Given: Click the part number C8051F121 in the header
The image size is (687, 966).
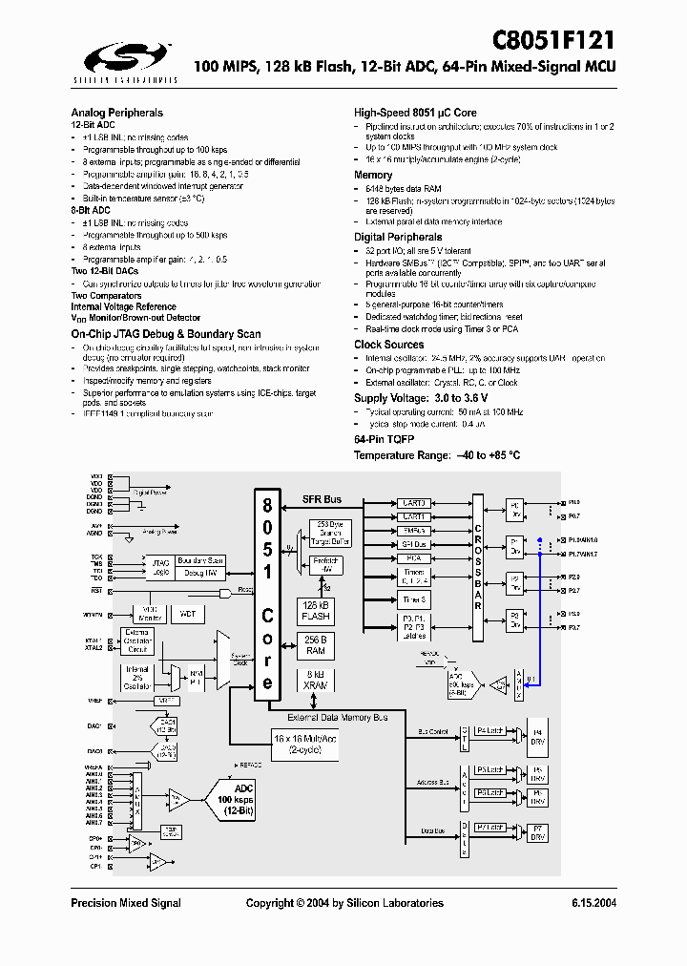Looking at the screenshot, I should point(552,40).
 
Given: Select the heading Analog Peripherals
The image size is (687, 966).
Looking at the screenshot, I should point(116,113).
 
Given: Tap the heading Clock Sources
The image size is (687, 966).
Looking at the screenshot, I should point(388,345).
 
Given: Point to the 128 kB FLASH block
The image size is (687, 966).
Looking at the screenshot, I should point(315,610).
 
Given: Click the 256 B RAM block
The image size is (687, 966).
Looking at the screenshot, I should point(315,645).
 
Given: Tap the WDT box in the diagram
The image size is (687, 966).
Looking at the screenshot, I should point(187,614).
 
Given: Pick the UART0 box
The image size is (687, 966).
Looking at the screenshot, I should point(414,502).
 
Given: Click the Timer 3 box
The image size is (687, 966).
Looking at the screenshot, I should point(414,599).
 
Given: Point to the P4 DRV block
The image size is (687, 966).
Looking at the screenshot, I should point(538,734).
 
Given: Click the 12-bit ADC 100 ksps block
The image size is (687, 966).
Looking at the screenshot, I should point(240,797).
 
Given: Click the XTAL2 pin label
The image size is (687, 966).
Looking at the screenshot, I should point(93,648).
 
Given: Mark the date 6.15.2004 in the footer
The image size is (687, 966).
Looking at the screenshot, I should point(593,903).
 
